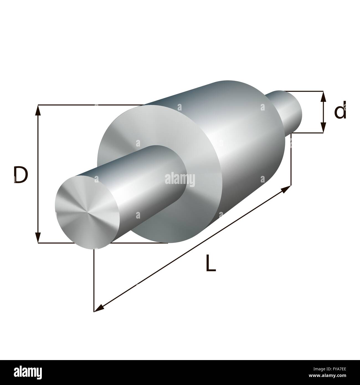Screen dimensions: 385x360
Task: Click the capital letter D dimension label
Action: coord(20,175)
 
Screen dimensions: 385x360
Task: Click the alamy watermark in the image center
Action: coord(180,179)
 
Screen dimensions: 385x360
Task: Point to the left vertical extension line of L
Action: coord(94,280)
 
